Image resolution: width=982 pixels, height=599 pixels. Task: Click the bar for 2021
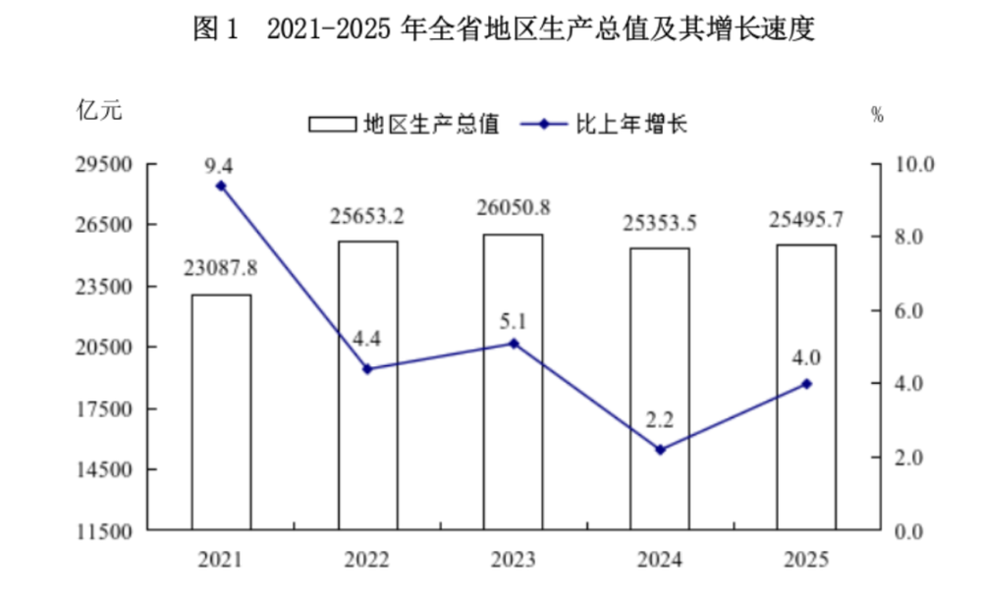[x=221, y=412]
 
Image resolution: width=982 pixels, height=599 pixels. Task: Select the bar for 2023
[x=513, y=382]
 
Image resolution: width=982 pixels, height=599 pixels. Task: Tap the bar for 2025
[x=806, y=387]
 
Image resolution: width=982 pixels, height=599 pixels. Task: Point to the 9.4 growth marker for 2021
[x=220, y=187]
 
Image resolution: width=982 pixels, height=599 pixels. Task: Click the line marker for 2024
[x=660, y=450]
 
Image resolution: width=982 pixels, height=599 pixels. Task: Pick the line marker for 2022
[x=367, y=369]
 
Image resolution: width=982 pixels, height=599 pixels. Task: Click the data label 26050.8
[x=514, y=207]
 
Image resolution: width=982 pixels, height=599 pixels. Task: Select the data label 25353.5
[x=660, y=223]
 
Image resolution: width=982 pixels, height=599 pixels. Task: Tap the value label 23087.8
[x=220, y=268]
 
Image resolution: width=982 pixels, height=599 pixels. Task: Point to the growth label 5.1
[x=513, y=321]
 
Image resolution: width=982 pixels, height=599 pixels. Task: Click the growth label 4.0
[x=806, y=357]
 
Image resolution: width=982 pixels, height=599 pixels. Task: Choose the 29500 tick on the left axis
[x=105, y=164]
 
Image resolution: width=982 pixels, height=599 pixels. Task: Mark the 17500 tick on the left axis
[x=105, y=408]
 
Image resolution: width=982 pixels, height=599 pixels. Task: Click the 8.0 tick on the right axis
[x=908, y=237]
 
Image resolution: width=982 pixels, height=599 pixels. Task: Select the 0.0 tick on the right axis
[x=908, y=531]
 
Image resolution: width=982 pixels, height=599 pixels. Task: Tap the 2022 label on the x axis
[x=367, y=560]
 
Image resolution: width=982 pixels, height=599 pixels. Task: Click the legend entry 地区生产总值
[x=404, y=124]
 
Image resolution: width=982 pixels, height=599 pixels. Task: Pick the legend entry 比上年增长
[x=604, y=124]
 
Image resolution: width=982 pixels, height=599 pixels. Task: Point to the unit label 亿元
[x=99, y=110]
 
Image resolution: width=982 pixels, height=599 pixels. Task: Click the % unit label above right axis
[x=877, y=115]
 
